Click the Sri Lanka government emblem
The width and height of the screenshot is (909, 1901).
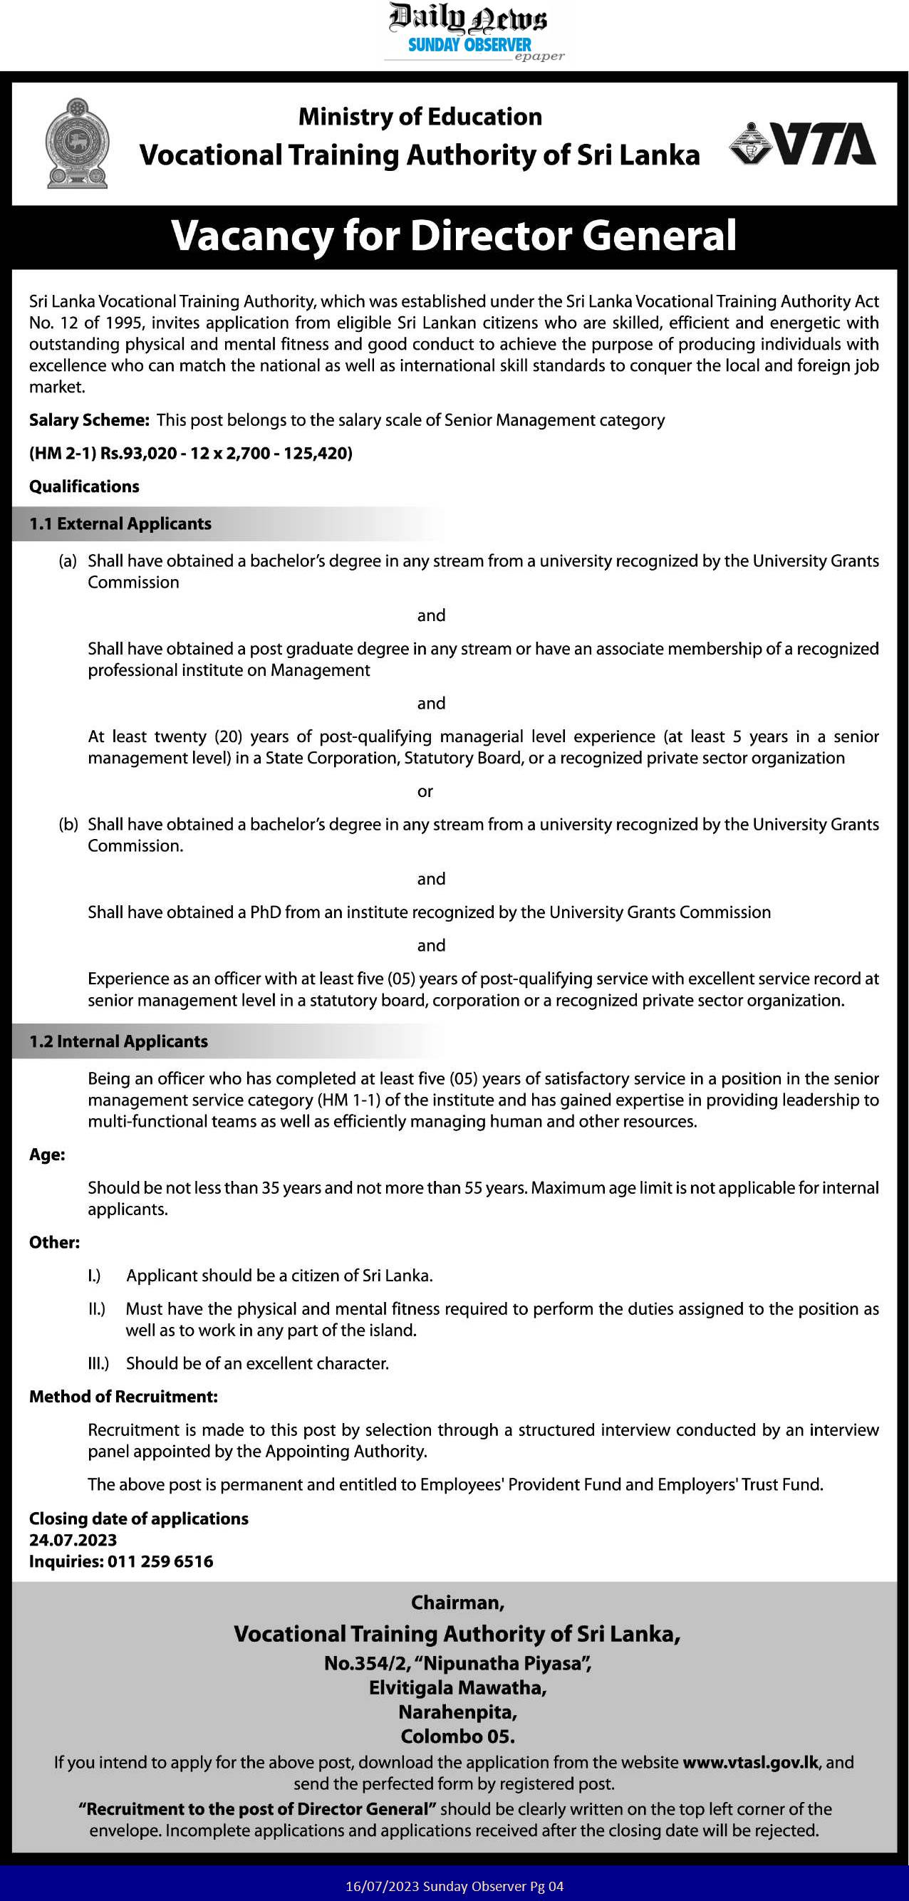pos(78,143)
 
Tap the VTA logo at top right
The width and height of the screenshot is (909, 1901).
pos(803,143)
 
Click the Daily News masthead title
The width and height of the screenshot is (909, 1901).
pos(469,18)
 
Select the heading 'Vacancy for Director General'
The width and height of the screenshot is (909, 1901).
pos(454,236)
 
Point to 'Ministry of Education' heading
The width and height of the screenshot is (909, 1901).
pos(420,117)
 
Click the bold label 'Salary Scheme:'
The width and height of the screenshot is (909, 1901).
pos(89,420)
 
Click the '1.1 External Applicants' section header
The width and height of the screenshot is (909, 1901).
pos(120,524)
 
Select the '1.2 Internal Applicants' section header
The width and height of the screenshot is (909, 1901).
pos(119,1041)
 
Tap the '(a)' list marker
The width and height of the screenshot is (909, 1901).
pos(68,561)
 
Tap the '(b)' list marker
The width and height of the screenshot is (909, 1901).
pos(68,824)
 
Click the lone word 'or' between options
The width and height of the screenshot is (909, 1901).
pos(425,791)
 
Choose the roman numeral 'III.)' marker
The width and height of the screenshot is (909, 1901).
pos(98,1363)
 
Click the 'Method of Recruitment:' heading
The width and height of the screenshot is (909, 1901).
pos(123,1396)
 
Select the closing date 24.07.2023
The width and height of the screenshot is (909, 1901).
pos(73,1540)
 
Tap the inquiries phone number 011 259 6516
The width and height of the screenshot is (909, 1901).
pos(160,1561)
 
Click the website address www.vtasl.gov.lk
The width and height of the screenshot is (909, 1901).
pos(750,1762)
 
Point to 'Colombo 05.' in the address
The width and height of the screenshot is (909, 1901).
pos(457,1736)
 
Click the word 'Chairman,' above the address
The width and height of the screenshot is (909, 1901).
pos(457,1603)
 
